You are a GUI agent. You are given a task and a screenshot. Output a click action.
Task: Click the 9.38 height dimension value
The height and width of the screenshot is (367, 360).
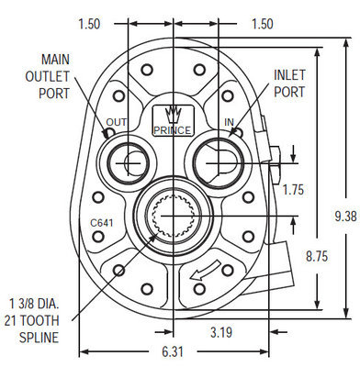pyautogui.click(x=344, y=217)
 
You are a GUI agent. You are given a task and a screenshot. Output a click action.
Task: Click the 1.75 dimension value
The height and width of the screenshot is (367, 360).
pyautogui.click(x=293, y=190)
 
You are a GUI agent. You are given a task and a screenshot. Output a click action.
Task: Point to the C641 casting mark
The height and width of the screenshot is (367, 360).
pyautogui.click(x=102, y=223)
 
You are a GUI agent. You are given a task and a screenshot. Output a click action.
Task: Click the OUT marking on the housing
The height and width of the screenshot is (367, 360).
pyautogui.click(x=117, y=120)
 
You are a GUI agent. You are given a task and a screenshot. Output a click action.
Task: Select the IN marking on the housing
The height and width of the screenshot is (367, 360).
pyautogui.click(x=229, y=120)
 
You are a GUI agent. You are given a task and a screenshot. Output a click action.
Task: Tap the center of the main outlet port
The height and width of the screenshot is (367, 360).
pyautogui.click(x=129, y=162)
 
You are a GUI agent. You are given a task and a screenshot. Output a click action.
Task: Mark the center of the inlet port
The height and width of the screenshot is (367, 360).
pyautogui.click(x=215, y=162)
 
